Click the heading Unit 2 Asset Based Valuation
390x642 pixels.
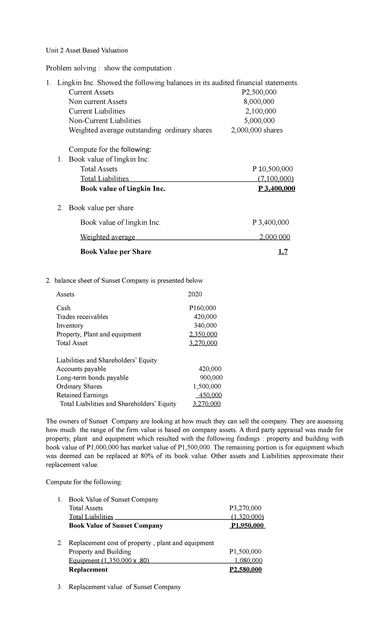pos(87,50)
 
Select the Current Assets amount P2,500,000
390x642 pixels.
pos(257,92)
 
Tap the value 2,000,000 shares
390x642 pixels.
pos(257,130)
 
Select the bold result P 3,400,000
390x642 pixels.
pos(277,189)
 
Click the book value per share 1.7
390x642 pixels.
pos(283,252)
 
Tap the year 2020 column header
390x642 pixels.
pos(195,294)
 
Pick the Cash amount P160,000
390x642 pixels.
pos(202,308)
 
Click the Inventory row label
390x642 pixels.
pos(70,326)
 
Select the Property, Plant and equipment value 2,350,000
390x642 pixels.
pos(203,334)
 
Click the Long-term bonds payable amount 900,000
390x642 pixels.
pos(211,378)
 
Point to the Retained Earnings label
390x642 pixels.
pos(82,395)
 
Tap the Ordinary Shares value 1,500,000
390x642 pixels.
pos(207,387)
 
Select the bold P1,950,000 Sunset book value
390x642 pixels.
pos(247,526)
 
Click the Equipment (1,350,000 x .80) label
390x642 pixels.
pos(109,561)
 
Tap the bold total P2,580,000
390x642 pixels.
pos(245,570)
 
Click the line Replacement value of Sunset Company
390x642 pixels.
pos(125,587)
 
